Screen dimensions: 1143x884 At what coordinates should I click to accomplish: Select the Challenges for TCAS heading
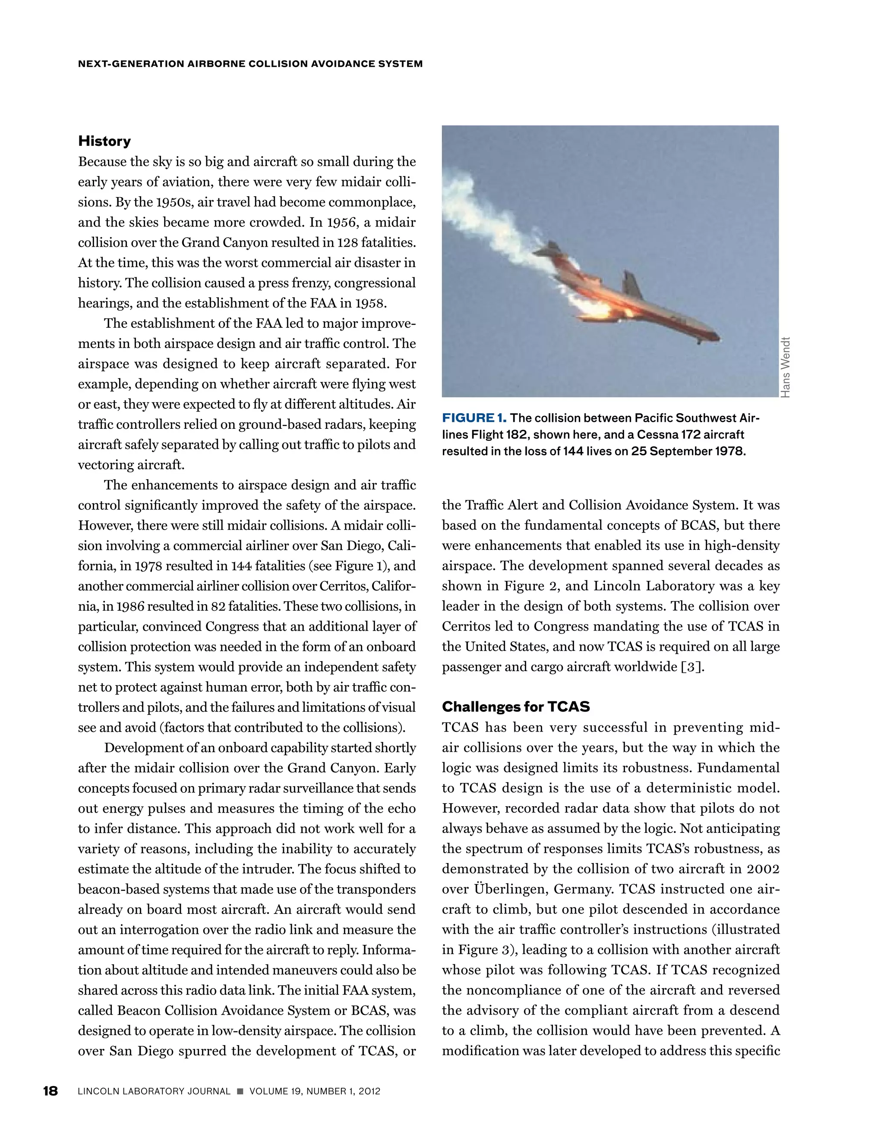(x=515, y=707)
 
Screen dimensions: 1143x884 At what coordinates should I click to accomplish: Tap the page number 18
(x=50, y=1091)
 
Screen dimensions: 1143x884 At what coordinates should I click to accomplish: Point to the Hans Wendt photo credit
(x=785, y=367)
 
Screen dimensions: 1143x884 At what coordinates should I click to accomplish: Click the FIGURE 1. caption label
(x=474, y=418)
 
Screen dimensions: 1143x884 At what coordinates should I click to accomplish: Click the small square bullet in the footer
(x=240, y=1091)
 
